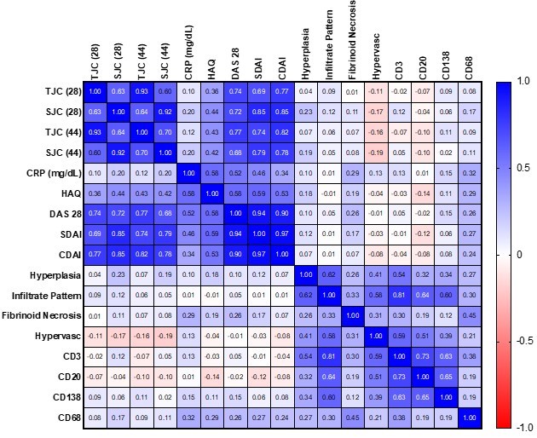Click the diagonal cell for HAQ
(212, 193)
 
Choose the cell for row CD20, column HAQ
(212, 377)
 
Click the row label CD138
(64, 397)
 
